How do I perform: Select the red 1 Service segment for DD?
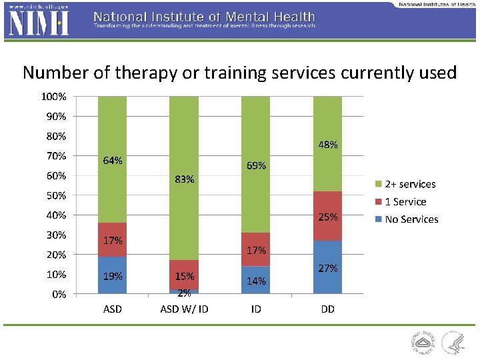click(x=327, y=216)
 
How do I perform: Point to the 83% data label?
click(x=184, y=179)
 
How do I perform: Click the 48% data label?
click(x=327, y=144)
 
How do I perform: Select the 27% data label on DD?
click(x=327, y=269)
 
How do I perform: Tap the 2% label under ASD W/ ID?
click(x=184, y=293)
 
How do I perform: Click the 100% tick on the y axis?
click(x=53, y=97)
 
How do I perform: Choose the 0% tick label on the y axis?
click(x=59, y=294)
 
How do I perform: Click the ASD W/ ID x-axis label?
click(x=184, y=309)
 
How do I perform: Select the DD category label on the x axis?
click(x=327, y=309)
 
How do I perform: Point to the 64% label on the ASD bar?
click(x=112, y=161)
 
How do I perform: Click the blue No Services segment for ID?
click(x=255, y=281)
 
